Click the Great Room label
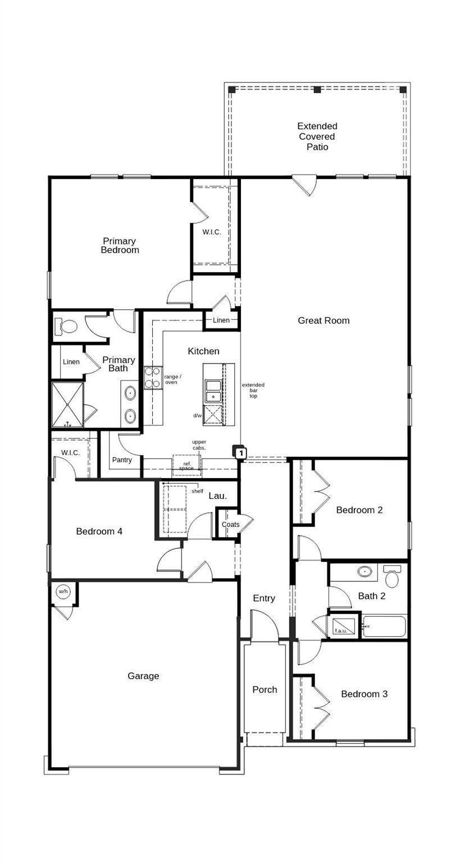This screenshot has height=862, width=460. tap(324, 320)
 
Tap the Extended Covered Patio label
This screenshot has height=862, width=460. tap(317, 136)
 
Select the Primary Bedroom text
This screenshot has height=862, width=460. tap(120, 246)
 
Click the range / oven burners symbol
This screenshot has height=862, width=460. tap(152, 377)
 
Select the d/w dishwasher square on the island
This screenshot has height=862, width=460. tap(213, 415)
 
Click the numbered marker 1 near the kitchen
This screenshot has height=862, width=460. tap(240, 452)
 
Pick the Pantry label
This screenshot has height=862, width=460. tap(122, 460)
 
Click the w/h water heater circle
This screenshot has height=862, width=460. tap(62, 591)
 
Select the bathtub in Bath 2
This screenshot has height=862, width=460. tap(384, 626)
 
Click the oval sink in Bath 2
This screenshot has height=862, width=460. tap(365, 572)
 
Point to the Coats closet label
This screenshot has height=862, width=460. tap(230, 524)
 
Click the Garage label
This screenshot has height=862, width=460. tap(143, 676)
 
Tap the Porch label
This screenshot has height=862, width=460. tap(265, 690)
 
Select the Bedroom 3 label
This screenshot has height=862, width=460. tap(364, 694)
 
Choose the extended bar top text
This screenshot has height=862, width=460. tap(253, 391)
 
